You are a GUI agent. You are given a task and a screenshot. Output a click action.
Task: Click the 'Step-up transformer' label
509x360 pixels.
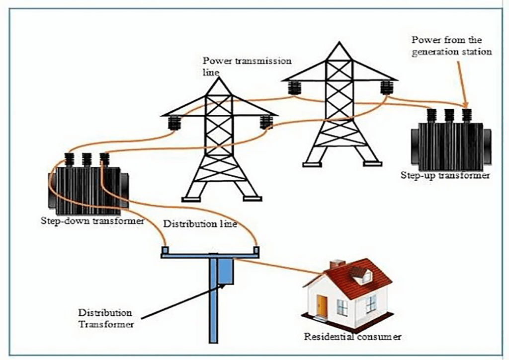(x=445, y=175)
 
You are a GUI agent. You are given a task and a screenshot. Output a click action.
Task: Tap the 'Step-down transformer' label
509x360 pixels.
(x=92, y=220)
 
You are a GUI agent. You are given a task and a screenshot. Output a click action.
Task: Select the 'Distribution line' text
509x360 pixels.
(x=201, y=224)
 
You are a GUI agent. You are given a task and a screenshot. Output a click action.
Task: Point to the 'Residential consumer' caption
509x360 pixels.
(x=352, y=337)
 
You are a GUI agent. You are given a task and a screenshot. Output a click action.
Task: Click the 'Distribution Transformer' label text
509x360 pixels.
(x=105, y=318)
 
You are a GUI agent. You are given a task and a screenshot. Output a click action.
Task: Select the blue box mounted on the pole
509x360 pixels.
(x=226, y=271)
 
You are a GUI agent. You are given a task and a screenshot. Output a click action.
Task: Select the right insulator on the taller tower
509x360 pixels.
(x=386, y=88)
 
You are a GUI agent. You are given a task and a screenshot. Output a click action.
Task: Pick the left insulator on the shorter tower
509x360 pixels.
(x=174, y=123)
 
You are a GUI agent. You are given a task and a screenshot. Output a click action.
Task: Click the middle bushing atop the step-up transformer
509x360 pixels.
(x=449, y=115)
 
